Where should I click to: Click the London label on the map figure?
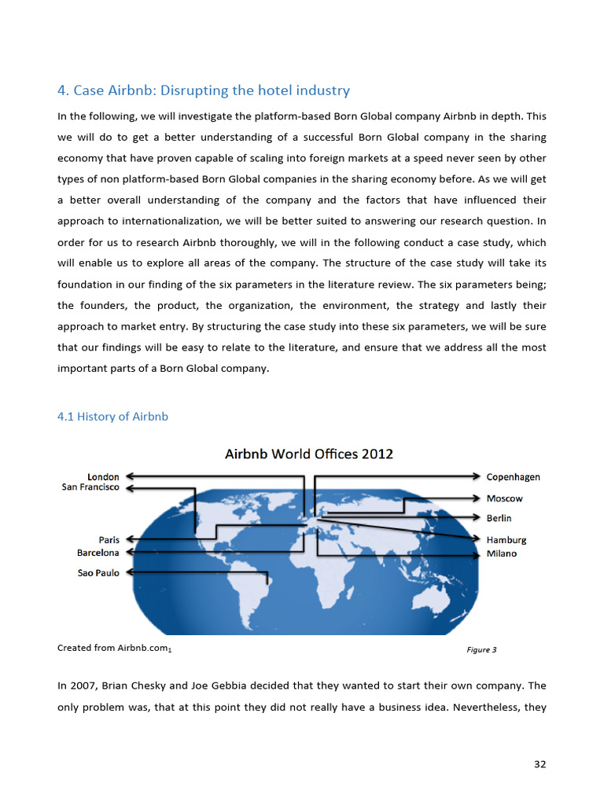pyautogui.click(x=103, y=476)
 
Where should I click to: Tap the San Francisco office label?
pyautogui.click(x=90, y=487)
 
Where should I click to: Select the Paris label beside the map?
pyautogui.click(x=109, y=540)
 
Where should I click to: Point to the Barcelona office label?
pyautogui.click(x=98, y=553)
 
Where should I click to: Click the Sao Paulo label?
pyautogui.click(x=98, y=573)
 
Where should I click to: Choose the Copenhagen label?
pyautogui.click(x=513, y=476)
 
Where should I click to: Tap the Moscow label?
pyautogui.click(x=504, y=498)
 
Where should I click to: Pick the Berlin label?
pyautogui.click(x=499, y=518)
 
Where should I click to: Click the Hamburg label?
pyautogui.click(x=506, y=540)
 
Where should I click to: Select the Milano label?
pyautogui.click(x=502, y=553)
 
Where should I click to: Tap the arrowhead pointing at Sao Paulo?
pyautogui.click(x=131, y=572)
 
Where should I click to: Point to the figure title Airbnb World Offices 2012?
pyautogui.click(x=309, y=454)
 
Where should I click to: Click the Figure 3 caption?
pyautogui.click(x=481, y=650)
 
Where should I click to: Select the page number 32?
pyautogui.click(x=540, y=764)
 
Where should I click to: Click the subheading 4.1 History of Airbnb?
pyautogui.click(x=112, y=417)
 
